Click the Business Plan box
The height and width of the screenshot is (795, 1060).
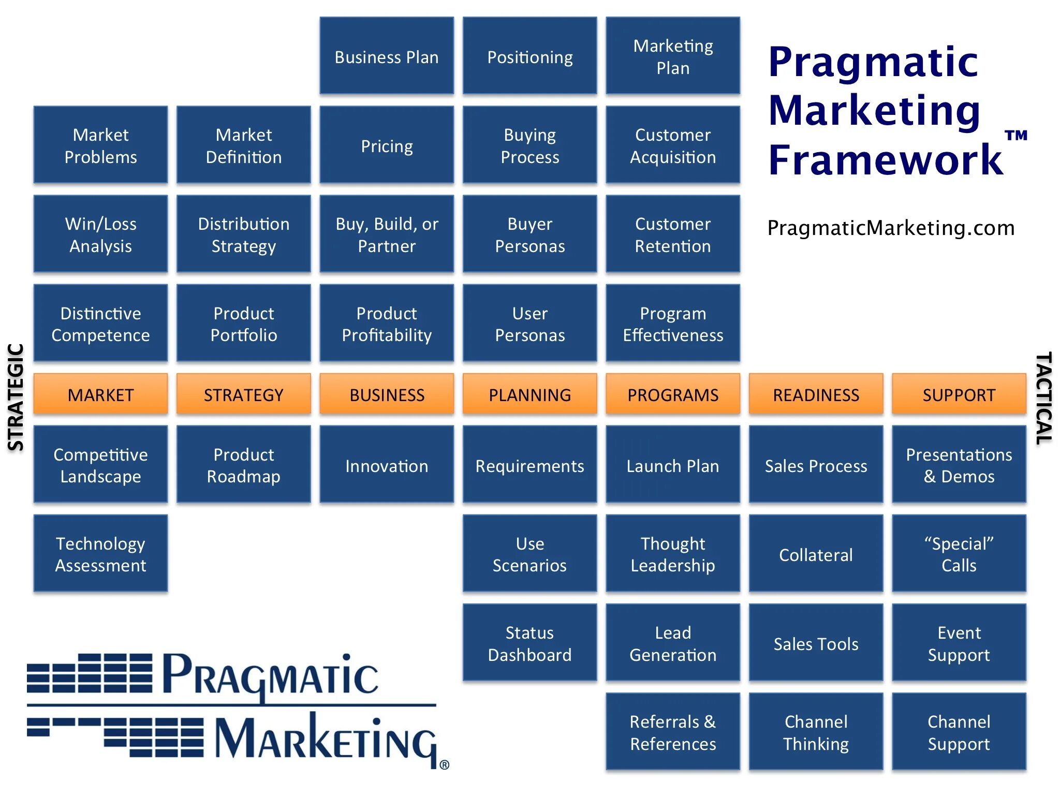[x=387, y=56]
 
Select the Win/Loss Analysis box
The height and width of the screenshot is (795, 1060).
[x=101, y=234]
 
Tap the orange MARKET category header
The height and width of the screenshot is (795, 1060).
[x=101, y=394]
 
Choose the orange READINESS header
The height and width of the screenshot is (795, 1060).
[x=816, y=394]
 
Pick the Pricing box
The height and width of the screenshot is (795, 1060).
[x=387, y=145]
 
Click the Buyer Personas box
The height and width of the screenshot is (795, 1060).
[x=529, y=234]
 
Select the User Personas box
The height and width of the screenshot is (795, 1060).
[x=529, y=323]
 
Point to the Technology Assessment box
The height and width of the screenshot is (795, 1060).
[x=101, y=554]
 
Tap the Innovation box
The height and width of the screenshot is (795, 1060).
[x=387, y=465]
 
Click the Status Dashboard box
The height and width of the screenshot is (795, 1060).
[x=529, y=643]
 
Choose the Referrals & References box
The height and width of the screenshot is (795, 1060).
[x=673, y=732]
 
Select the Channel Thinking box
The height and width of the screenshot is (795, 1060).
[x=816, y=732]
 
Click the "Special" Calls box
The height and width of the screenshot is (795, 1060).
[x=959, y=554]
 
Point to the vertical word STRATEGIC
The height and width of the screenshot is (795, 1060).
[x=16, y=397]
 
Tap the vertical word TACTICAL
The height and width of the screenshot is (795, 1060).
[x=1043, y=397]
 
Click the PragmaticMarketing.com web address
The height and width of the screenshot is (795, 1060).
[x=891, y=228]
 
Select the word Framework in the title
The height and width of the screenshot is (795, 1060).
[x=886, y=160]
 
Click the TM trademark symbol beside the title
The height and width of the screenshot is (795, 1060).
[x=1016, y=136]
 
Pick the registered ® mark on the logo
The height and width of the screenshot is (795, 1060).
[x=444, y=764]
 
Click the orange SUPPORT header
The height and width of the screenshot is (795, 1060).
[x=959, y=394]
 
